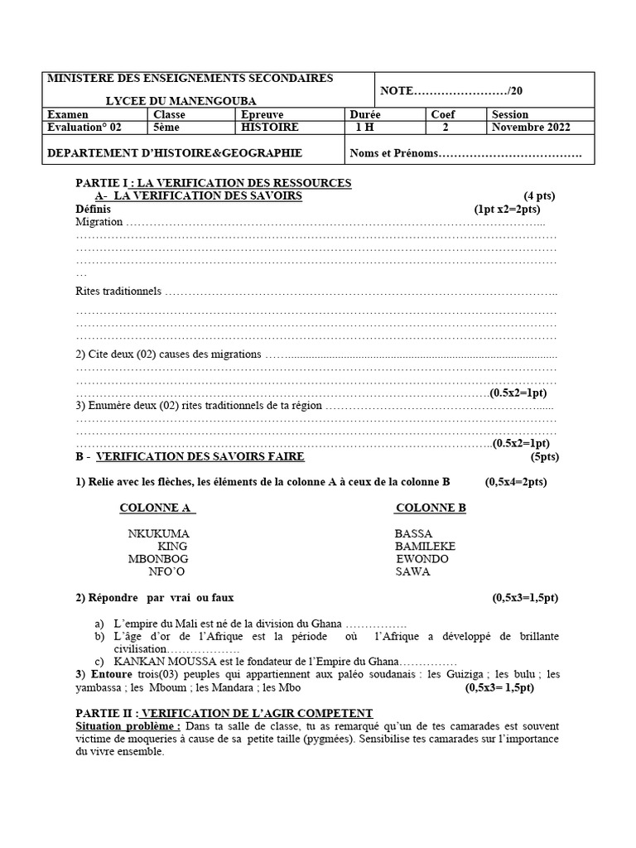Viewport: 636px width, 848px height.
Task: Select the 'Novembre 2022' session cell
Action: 531,128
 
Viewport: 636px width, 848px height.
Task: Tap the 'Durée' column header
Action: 366,114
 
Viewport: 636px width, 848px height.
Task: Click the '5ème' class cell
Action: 166,128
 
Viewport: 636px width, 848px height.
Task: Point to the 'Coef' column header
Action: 443,114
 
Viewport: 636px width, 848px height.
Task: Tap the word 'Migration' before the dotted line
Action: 99,222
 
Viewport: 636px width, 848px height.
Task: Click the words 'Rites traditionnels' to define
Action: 118,291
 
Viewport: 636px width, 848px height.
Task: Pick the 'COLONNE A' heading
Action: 157,508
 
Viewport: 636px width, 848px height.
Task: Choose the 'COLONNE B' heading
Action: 431,508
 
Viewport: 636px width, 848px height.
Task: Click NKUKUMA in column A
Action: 158,534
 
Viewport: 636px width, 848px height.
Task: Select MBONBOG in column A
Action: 158,559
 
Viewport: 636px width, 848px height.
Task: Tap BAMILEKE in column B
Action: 425,547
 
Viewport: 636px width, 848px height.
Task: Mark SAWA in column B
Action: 412,571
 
